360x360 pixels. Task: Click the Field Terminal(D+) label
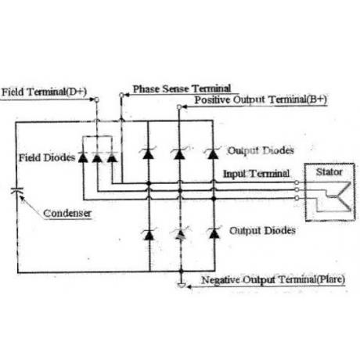pyautogui.click(x=44, y=92)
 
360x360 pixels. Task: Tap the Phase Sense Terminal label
pyautogui.click(x=182, y=89)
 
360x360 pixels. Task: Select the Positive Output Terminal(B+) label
pyautogui.click(x=261, y=99)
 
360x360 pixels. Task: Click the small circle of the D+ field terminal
pyautogui.click(x=97, y=99)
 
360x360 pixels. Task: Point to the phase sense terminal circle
pyautogui.click(x=121, y=95)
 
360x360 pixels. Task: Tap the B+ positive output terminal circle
pyautogui.click(x=179, y=106)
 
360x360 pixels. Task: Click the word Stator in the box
pyautogui.click(x=329, y=172)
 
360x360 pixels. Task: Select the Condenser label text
pyautogui.click(x=67, y=213)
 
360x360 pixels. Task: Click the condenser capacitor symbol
pyautogui.click(x=17, y=191)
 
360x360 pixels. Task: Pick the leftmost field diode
pyautogui.click(x=83, y=157)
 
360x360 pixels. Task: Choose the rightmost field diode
pyautogui.click(x=113, y=157)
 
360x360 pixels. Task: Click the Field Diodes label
pyautogui.click(x=47, y=157)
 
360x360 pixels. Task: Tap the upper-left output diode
pyautogui.click(x=148, y=153)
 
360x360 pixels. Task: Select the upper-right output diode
pyautogui.click(x=213, y=153)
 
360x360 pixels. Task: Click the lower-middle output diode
pyautogui.click(x=181, y=234)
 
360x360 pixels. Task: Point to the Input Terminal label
pyautogui.click(x=257, y=174)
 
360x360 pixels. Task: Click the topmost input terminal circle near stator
pyautogui.click(x=297, y=182)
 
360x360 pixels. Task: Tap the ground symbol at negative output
pyautogui.click(x=182, y=285)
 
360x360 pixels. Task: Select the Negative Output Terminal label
pyautogui.click(x=273, y=279)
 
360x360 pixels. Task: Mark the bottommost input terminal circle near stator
pyautogui.click(x=297, y=198)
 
